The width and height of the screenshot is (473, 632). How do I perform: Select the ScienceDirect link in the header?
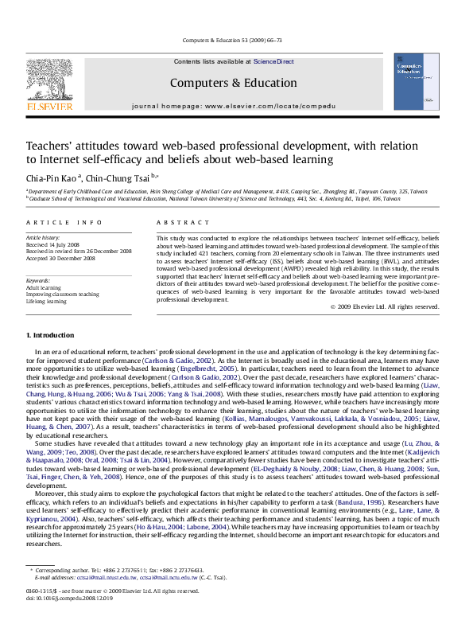pos(273,61)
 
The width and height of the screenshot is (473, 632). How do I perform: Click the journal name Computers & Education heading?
pos(233,83)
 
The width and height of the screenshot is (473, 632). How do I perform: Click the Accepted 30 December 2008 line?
pos(60,258)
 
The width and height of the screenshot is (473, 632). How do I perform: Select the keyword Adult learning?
pos(44,288)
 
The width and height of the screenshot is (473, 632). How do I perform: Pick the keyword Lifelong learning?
pos(46,302)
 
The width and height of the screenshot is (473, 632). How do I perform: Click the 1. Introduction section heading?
pos(50,335)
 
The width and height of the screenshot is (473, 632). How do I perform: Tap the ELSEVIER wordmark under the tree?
pos(49,105)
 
